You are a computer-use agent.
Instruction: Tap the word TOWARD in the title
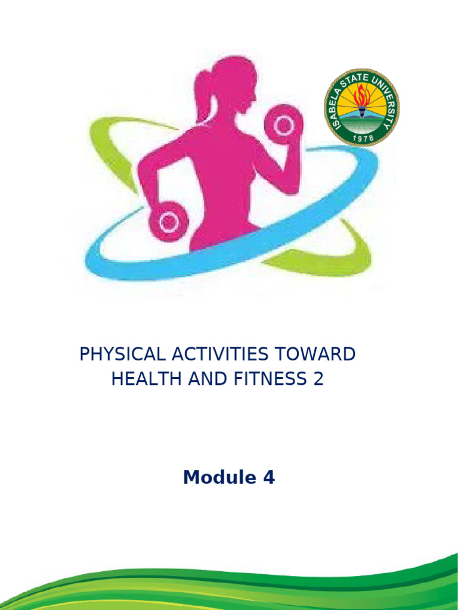click(317, 354)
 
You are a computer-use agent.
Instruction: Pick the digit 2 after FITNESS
click(318, 379)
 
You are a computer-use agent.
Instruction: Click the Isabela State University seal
click(361, 107)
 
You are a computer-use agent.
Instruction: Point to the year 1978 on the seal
click(361, 137)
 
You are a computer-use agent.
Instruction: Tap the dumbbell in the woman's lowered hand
click(169, 222)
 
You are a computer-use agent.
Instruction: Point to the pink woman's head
click(234, 83)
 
